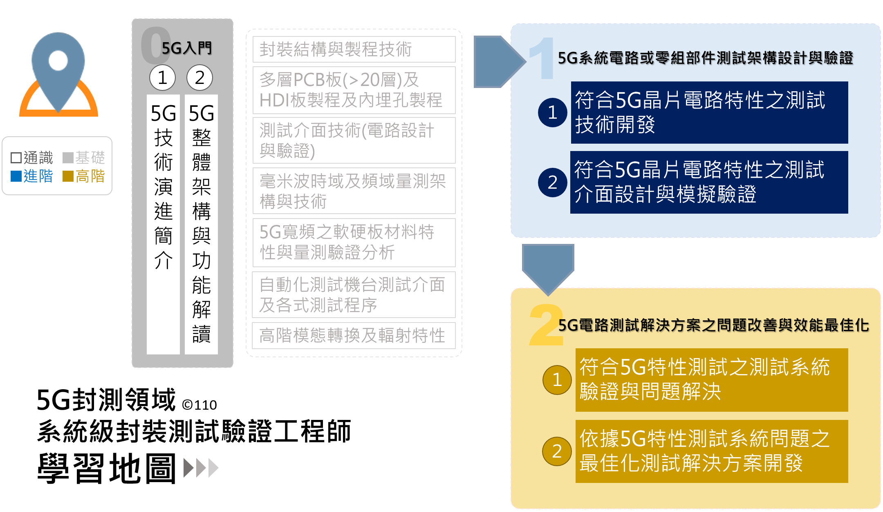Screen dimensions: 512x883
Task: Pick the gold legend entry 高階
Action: point(84,176)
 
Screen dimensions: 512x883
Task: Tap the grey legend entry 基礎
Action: point(84,158)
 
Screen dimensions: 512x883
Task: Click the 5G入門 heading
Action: point(186,48)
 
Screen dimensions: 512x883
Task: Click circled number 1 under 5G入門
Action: point(162,78)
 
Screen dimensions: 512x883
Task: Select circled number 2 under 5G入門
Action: point(199,78)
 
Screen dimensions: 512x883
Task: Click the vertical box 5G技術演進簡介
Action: point(163,224)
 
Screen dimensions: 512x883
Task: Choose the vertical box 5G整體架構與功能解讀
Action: point(201,224)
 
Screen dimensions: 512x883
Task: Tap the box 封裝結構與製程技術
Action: point(354,50)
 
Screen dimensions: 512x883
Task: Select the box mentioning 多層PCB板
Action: point(354,90)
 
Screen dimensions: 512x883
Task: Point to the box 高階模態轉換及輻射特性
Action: point(354,336)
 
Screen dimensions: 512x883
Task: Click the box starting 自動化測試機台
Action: point(354,295)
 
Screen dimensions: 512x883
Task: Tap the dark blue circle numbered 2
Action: point(553,183)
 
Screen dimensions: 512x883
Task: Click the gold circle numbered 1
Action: point(557,380)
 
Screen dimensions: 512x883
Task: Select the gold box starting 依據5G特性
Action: point(711,451)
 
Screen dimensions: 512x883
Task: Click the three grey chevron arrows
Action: point(201,468)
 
